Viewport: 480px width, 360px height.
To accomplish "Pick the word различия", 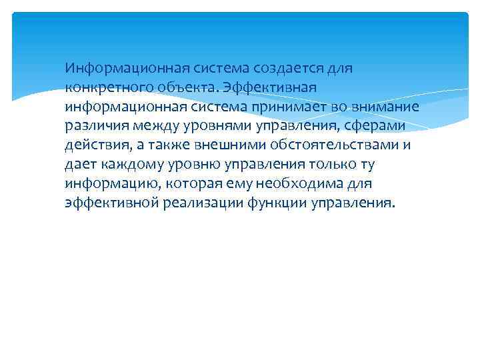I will tap(94, 126).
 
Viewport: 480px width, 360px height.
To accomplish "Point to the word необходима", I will tap(301, 184).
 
